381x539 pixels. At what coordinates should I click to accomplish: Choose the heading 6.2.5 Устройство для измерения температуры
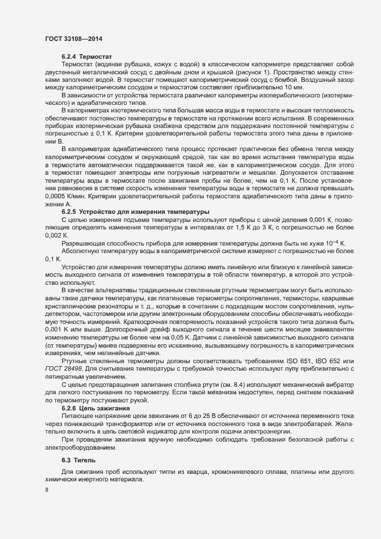(135, 213)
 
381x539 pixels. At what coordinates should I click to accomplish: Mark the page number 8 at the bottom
(46, 490)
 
